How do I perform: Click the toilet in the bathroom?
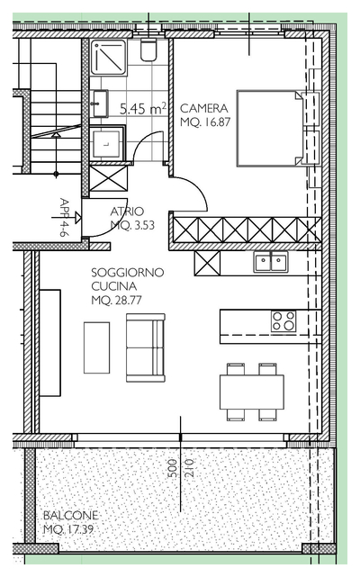click(x=148, y=50)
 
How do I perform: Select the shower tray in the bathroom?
click(x=108, y=57)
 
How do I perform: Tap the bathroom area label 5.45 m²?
click(x=143, y=109)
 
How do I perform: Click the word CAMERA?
click(x=204, y=108)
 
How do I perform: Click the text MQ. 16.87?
click(x=205, y=122)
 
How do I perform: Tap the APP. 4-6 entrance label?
click(x=64, y=217)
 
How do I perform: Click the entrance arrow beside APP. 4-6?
click(x=67, y=218)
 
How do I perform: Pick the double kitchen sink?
click(x=271, y=262)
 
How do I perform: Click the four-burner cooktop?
click(x=283, y=321)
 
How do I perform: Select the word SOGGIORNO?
click(x=128, y=273)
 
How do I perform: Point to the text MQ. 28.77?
click(x=116, y=301)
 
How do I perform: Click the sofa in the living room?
click(x=146, y=347)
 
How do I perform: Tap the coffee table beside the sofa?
click(x=97, y=347)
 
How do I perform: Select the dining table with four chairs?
click(x=252, y=392)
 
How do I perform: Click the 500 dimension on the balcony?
click(x=172, y=468)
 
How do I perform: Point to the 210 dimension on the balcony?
click(x=188, y=468)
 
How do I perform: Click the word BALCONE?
click(x=71, y=515)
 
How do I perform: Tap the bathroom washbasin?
click(x=100, y=104)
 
